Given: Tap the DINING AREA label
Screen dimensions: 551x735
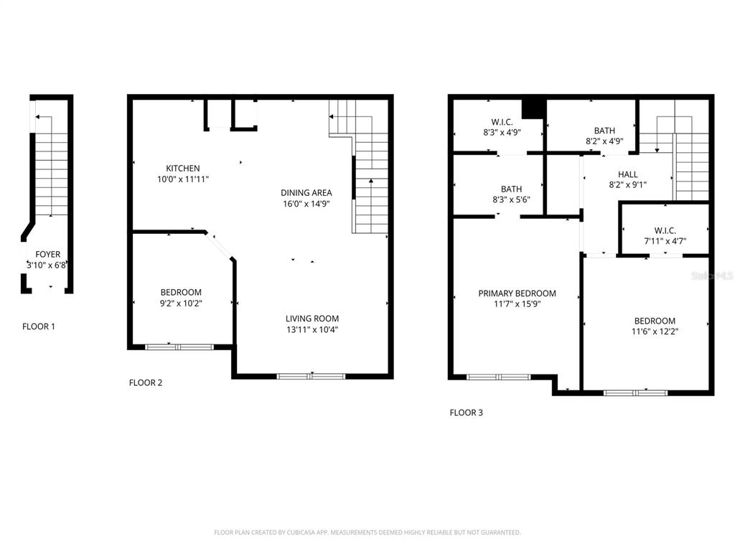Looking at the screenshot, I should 306,192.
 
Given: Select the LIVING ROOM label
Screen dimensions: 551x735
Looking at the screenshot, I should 312,319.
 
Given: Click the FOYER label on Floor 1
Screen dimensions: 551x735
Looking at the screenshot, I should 48,255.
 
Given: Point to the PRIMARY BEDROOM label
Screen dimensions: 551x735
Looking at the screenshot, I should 517,293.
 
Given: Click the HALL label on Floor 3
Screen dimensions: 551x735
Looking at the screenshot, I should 627,174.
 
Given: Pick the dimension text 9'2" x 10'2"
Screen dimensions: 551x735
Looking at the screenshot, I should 180,303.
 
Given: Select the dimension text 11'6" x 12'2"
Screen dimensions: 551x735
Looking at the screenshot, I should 654,332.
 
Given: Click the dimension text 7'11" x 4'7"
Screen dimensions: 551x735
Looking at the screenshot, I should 665,241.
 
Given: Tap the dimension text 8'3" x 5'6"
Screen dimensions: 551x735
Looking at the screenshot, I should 511,200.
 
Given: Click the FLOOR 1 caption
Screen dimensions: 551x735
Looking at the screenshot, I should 39,326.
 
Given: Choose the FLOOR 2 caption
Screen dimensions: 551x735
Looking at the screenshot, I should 146,382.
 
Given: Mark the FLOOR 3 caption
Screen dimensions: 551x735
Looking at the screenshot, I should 466,413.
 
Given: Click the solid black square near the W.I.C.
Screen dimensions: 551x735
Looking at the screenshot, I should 533,108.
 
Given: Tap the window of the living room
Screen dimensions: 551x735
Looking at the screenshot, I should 311,376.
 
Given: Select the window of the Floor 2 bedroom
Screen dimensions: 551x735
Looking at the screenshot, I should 179,347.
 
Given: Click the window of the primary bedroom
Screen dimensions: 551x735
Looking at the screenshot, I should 498,377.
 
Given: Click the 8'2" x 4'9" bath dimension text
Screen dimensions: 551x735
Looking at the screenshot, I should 604,141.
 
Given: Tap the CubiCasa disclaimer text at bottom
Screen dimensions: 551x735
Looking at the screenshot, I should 367,532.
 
